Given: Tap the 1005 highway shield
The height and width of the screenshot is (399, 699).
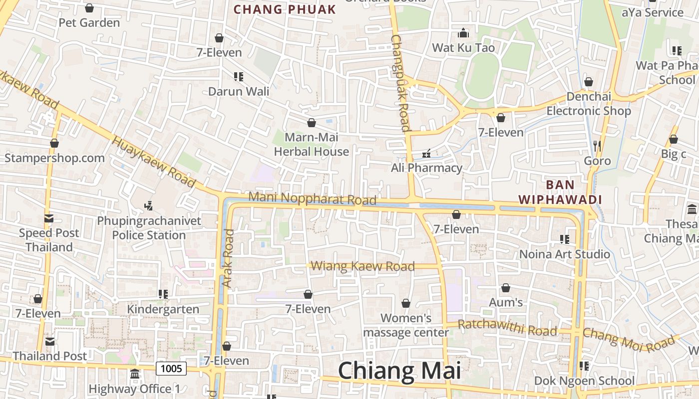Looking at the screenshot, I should (x=171, y=369).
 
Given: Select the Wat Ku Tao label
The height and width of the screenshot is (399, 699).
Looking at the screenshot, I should (x=463, y=48).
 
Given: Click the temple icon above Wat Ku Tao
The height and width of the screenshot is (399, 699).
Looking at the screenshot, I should (x=463, y=33).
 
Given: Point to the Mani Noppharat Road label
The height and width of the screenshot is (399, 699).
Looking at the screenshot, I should (x=312, y=199).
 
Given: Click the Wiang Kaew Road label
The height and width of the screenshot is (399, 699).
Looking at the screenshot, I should (x=363, y=266).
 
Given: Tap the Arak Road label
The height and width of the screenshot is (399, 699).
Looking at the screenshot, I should (x=228, y=258).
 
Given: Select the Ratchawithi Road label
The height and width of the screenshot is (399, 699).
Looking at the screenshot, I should (x=507, y=328).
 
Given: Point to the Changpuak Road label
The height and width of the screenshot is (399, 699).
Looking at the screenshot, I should (x=400, y=83).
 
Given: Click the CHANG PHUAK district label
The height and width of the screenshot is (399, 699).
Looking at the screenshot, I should (x=285, y=9).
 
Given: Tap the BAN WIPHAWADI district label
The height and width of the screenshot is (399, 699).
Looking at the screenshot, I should (x=560, y=193).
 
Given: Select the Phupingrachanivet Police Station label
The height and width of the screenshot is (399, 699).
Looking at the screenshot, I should (x=149, y=228).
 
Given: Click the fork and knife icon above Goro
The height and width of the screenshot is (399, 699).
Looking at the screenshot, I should (x=597, y=146).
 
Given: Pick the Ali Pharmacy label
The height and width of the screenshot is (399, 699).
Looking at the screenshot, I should (x=426, y=168).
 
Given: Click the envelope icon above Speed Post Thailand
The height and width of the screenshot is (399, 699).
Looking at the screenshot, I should (x=49, y=218).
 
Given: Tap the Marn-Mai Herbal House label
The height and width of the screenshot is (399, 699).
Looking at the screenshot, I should (x=312, y=144).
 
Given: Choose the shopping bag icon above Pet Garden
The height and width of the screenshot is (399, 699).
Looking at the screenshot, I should (x=89, y=8).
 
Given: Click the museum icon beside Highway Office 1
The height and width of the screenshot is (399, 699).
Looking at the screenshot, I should (x=135, y=374).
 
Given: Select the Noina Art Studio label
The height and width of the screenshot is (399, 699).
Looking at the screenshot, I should (x=565, y=254).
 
